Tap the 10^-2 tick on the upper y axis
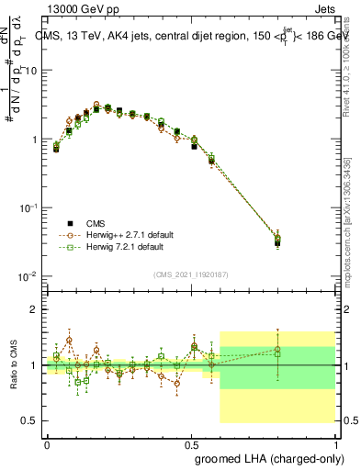point(27,276)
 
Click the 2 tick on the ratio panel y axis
point(33,309)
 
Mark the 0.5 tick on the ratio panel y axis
point(29,420)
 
